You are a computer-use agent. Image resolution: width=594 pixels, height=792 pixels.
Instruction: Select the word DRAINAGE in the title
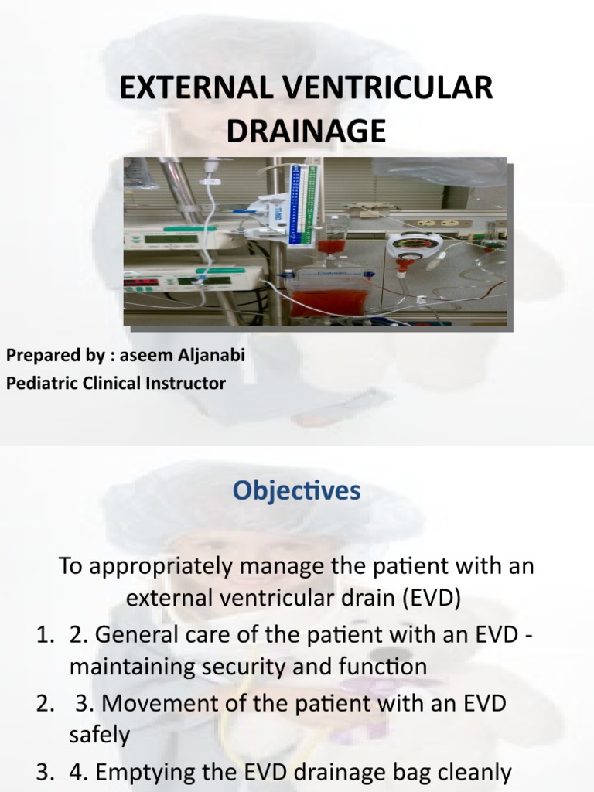tap(306, 131)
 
